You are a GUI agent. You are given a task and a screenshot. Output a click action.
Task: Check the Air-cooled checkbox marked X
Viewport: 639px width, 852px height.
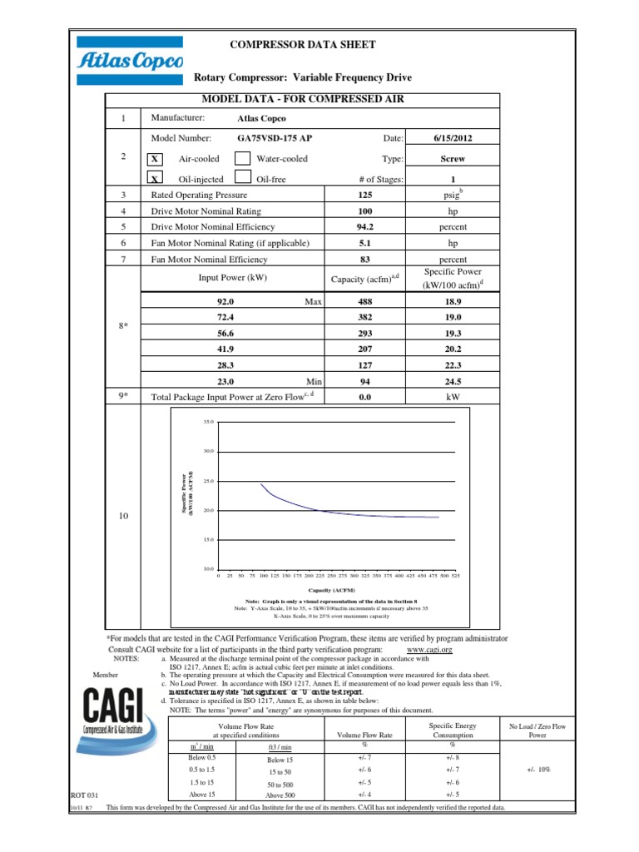pyautogui.click(x=156, y=159)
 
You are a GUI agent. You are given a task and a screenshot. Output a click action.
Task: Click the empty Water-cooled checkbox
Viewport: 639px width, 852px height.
pyautogui.click(x=242, y=159)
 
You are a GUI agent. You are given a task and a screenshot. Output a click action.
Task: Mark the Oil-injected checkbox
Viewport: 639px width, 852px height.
pyautogui.click(x=156, y=178)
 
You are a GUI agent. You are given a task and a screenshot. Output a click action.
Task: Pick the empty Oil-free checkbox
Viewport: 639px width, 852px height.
pyautogui.click(x=242, y=178)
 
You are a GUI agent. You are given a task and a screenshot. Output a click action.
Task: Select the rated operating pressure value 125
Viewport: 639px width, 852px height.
pyautogui.click(x=364, y=194)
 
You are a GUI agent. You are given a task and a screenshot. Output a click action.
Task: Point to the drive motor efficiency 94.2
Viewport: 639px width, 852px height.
pyautogui.click(x=364, y=225)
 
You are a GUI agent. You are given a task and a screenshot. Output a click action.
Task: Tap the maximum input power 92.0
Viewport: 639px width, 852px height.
pyautogui.click(x=226, y=303)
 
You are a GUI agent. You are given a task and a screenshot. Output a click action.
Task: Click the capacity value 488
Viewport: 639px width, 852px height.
pyautogui.click(x=364, y=303)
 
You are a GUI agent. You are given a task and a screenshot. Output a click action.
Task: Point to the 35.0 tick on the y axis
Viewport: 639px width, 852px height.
pyautogui.click(x=208, y=423)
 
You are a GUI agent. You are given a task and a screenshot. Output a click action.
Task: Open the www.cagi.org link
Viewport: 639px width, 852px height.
pyautogui.click(x=430, y=649)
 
